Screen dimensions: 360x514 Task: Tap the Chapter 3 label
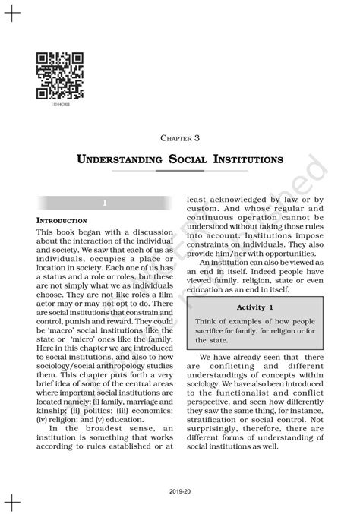pos(179,138)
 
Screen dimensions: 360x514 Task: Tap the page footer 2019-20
pos(180,491)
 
